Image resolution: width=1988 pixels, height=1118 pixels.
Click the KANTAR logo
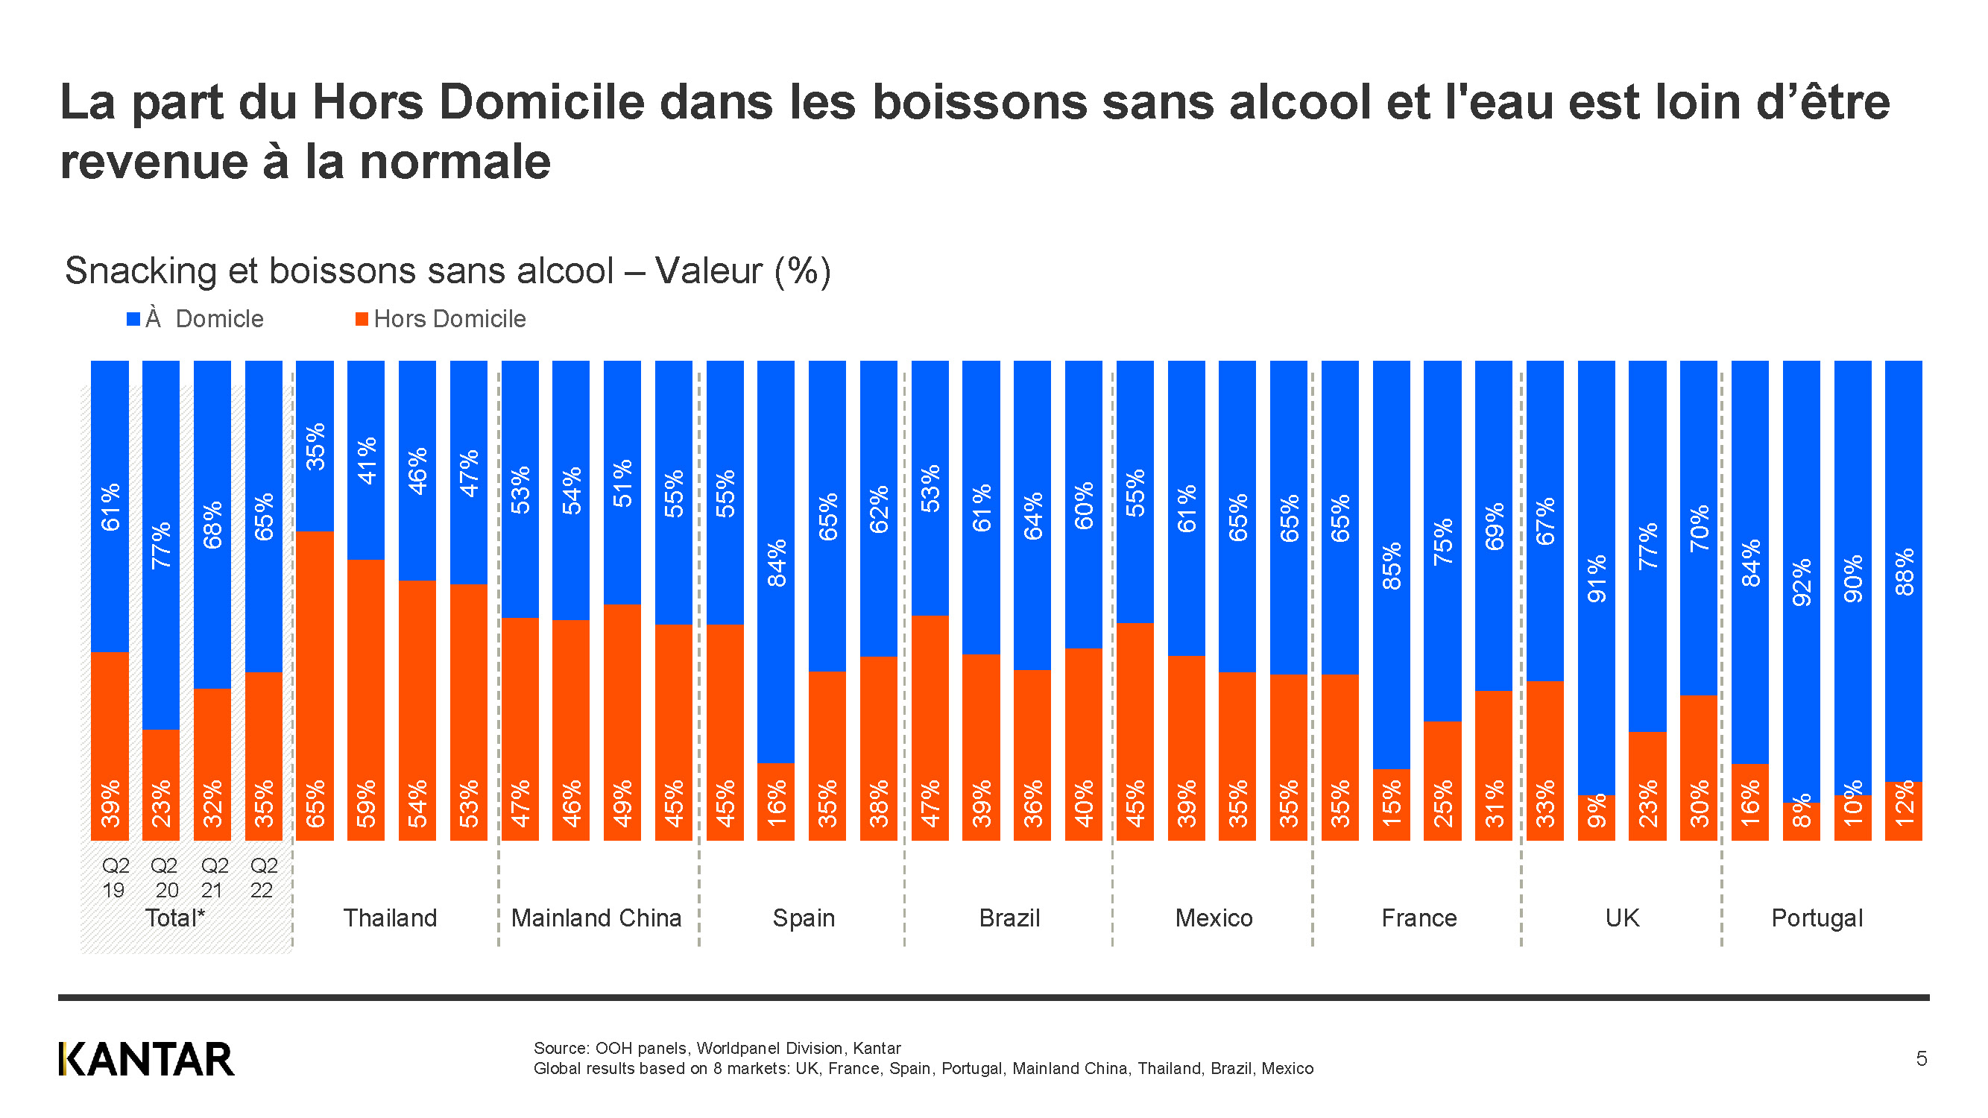click(146, 1058)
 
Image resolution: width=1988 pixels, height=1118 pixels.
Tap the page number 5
click(1921, 1058)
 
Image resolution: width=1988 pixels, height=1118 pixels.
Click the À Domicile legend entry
click(195, 319)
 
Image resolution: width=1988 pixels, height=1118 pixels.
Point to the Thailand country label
click(390, 918)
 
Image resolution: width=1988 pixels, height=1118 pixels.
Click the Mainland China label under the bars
click(596, 918)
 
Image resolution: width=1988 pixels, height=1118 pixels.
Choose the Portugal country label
click(1817, 918)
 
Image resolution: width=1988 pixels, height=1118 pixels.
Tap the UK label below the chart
click(1621, 918)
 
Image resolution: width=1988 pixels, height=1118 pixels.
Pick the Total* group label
click(175, 918)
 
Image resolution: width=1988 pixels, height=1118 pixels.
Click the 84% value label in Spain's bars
click(777, 563)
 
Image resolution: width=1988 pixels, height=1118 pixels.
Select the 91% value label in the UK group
click(1596, 578)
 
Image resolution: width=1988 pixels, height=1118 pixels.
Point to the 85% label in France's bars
click(1392, 566)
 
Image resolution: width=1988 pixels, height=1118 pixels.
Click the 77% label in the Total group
click(161, 545)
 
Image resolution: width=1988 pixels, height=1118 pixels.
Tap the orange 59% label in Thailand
click(366, 803)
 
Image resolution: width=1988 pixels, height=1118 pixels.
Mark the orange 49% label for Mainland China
click(622, 803)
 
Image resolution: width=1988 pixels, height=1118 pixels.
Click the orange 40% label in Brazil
click(1084, 803)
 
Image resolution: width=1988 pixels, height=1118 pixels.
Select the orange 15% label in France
click(1392, 803)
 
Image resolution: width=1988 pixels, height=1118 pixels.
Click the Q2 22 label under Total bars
click(263, 877)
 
